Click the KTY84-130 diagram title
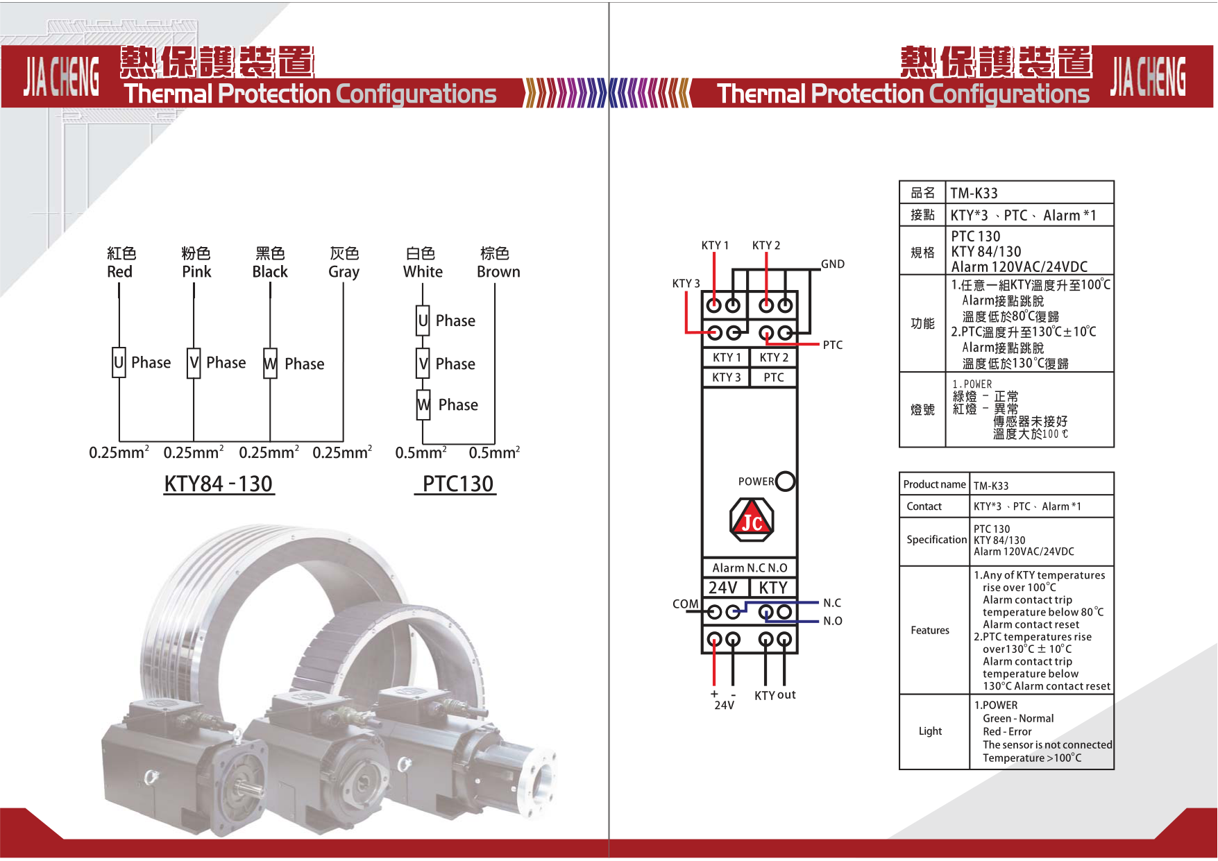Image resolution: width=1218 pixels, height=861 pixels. [x=219, y=484]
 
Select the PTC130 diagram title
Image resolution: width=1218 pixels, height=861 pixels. [x=457, y=484]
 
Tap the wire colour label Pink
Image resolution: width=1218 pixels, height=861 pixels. [x=196, y=272]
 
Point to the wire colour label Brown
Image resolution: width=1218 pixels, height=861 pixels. [x=498, y=272]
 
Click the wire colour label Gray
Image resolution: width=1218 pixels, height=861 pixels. [x=344, y=272]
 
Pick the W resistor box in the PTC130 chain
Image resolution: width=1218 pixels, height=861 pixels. [x=423, y=404]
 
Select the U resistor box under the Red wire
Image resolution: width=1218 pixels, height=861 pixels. [x=119, y=363]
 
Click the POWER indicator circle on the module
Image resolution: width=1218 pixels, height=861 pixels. [x=785, y=481]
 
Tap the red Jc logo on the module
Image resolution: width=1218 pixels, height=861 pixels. [x=752, y=520]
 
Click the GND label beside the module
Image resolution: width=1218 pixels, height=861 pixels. [x=832, y=264]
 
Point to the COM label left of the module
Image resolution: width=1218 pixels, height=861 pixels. [x=685, y=604]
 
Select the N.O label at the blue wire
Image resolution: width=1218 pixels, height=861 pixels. [x=832, y=621]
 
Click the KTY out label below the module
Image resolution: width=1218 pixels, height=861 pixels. [x=775, y=695]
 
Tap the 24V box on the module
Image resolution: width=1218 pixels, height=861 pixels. [x=724, y=588]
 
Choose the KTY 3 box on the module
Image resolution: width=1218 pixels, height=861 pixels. [x=726, y=377]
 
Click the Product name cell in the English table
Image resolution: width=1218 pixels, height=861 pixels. [x=934, y=484]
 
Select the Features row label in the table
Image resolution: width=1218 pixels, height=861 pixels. [x=930, y=630]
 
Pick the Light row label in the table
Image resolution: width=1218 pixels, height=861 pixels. [x=930, y=731]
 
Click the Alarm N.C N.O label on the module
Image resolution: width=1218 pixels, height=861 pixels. [x=750, y=568]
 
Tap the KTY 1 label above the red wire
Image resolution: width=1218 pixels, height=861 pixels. [x=715, y=246]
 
